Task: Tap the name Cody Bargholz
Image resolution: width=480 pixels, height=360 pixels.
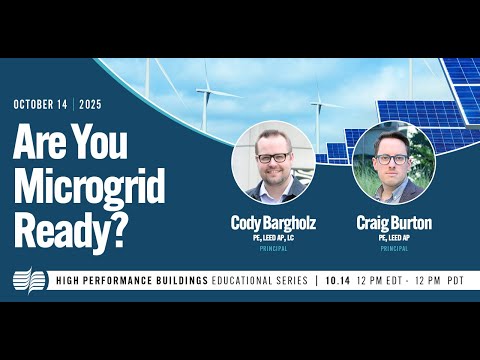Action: tap(273, 222)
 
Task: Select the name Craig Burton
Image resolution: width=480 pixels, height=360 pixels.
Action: tap(393, 222)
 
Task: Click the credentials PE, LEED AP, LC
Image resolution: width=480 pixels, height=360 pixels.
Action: tap(273, 236)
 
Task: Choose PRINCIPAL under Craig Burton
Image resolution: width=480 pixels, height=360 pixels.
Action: tap(393, 247)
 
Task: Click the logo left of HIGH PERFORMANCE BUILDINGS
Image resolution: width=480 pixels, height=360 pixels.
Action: tap(29, 280)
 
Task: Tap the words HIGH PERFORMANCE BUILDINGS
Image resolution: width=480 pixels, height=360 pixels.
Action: tap(130, 281)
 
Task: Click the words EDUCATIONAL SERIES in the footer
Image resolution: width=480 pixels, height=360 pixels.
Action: tap(262, 281)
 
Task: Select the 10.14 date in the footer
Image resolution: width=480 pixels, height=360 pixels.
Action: tap(341, 281)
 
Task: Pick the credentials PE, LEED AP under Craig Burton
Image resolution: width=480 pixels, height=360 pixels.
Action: tap(393, 236)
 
